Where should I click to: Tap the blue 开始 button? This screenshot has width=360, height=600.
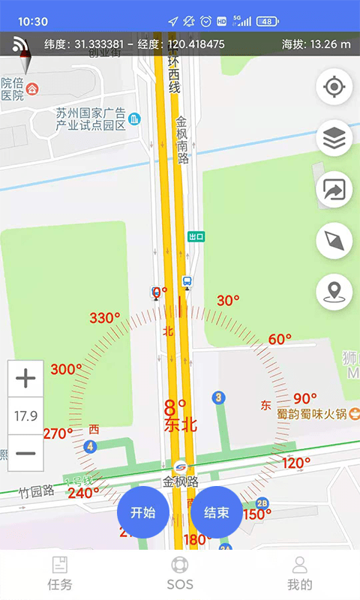[142, 513]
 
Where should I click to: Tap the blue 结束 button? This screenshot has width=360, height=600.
[216, 513]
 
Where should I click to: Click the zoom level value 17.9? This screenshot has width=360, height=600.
[25, 416]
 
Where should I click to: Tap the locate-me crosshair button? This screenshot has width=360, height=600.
[334, 87]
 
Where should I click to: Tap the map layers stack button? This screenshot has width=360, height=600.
[334, 139]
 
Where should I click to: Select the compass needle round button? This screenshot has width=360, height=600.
[334, 241]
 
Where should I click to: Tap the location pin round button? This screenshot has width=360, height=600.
[334, 292]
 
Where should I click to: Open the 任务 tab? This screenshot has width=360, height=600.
[59, 574]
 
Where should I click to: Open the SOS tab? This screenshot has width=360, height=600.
[180, 574]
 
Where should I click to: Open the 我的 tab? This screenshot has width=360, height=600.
[300, 574]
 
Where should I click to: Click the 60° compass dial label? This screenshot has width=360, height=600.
[280, 339]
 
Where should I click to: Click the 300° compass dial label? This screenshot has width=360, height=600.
[66, 369]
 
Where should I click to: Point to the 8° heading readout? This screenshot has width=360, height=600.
[175, 409]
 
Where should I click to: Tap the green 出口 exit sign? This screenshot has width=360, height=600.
[196, 236]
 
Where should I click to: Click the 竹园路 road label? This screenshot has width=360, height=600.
[37, 491]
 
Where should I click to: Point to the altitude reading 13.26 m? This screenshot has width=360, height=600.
[316, 44]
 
